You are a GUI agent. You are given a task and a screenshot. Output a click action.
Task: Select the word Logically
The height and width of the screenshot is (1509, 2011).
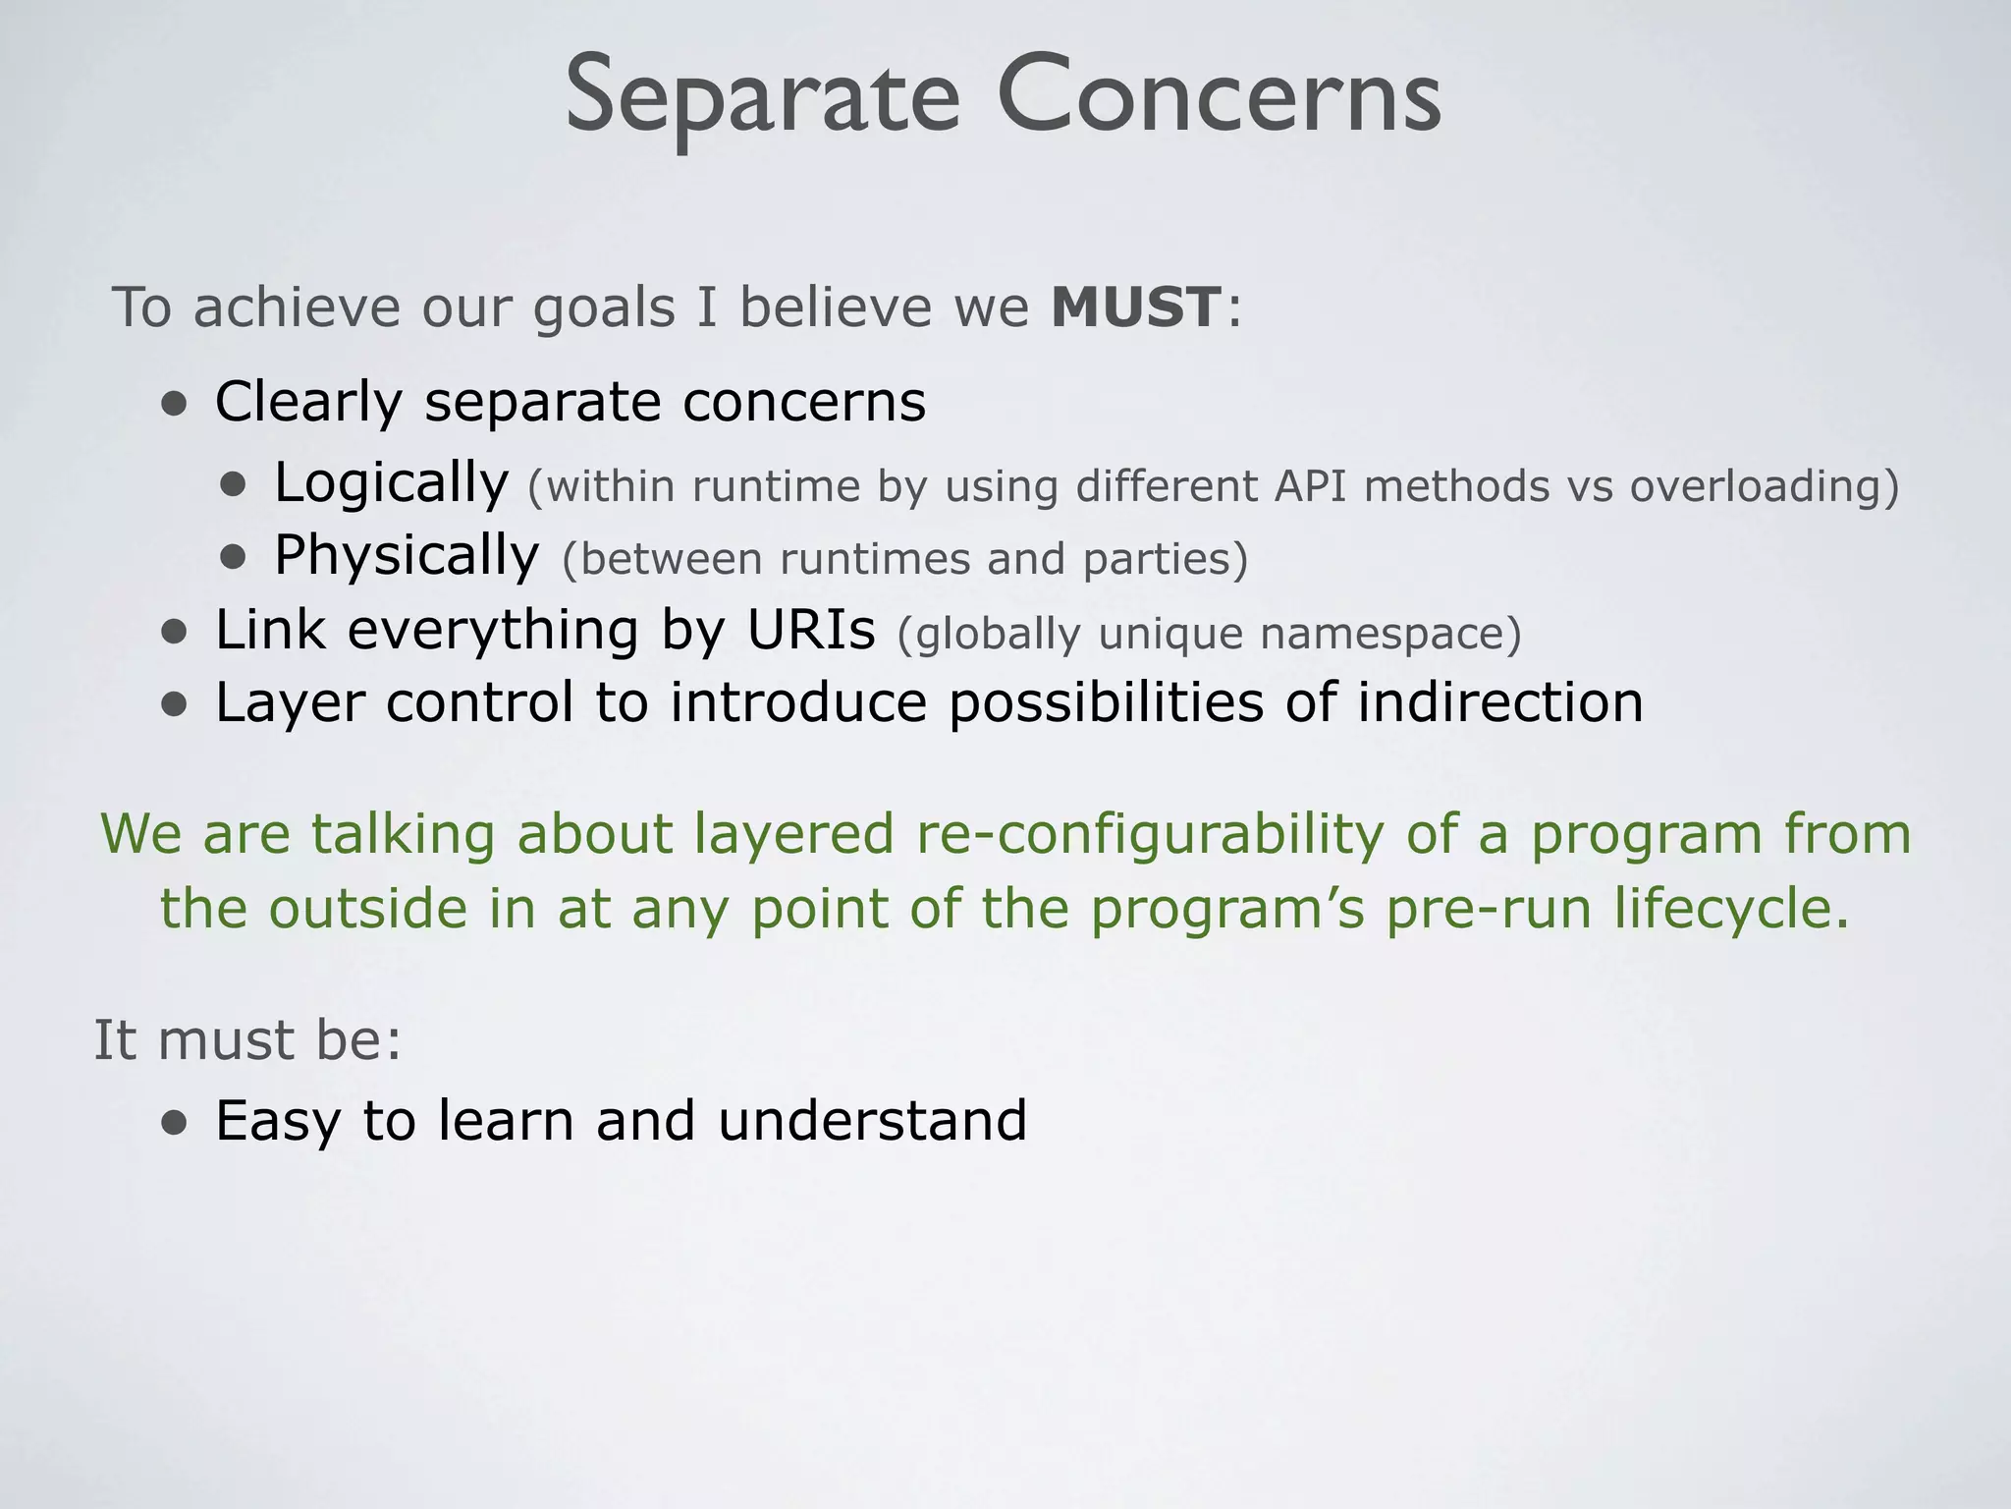pyautogui.click(x=391, y=483)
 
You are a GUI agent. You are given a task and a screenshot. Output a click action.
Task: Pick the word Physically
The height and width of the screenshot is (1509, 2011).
pyautogui.click(x=407, y=556)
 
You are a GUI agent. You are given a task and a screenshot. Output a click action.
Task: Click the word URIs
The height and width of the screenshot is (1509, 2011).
pyautogui.click(x=810, y=630)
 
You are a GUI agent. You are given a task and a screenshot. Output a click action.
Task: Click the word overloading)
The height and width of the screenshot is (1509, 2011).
pyautogui.click(x=1765, y=486)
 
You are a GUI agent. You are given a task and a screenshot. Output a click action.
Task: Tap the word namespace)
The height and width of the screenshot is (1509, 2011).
pyautogui.click(x=1390, y=634)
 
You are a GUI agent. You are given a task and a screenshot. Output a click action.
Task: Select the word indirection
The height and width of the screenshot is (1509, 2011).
pyautogui.click(x=1500, y=702)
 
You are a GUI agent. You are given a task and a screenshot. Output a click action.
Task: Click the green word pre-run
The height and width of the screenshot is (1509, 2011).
pyautogui.click(x=1489, y=908)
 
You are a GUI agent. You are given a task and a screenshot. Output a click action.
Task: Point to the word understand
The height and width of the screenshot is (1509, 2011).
pyautogui.click(x=872, y=1120)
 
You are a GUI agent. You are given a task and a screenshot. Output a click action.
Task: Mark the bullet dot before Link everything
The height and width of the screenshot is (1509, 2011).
pyautogui.click(x=175, y=632)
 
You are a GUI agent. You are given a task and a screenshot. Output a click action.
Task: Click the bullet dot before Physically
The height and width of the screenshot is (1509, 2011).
pyautogui.click(x=233, y=558)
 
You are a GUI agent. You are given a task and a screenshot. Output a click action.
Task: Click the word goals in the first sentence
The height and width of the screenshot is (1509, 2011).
pyautogui.click(x=604, y=308)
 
